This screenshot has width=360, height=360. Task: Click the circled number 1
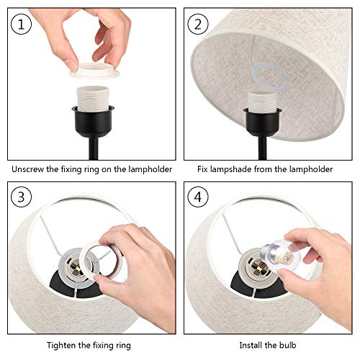[x=21, y=24]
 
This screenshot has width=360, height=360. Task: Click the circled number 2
[x=197, y=24]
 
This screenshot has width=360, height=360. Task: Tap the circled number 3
[x=21, y=197]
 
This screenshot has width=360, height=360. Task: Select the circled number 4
[x=197, y=197]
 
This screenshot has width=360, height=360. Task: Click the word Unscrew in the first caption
[x=28, y=169]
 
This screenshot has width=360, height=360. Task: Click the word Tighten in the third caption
[x=61, y=346]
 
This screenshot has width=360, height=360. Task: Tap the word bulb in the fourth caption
[x=287, y=345]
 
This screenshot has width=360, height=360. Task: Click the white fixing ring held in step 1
[x=94, y=71]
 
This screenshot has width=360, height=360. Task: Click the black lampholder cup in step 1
[x=93, y=122]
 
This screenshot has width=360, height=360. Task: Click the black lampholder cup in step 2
[x=262, y=123]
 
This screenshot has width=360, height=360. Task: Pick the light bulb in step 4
[x=281, y=255]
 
